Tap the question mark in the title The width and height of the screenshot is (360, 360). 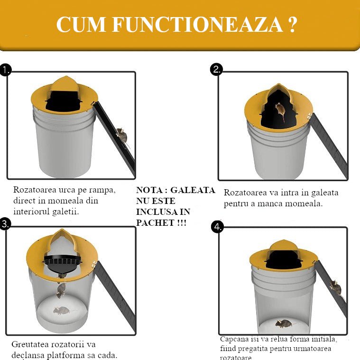tap(292, 25)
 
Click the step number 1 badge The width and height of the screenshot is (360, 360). tap(6, 71)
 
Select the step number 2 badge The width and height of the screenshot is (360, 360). tap(216, 70)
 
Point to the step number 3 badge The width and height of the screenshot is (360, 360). tap(5, 224)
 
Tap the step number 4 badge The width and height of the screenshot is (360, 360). tap(217, 227)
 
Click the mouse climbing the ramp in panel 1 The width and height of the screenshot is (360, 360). tap(122, 135)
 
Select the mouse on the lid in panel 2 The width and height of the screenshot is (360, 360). tap(280, 111)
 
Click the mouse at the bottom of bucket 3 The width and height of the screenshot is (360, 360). tap(61, 311)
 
